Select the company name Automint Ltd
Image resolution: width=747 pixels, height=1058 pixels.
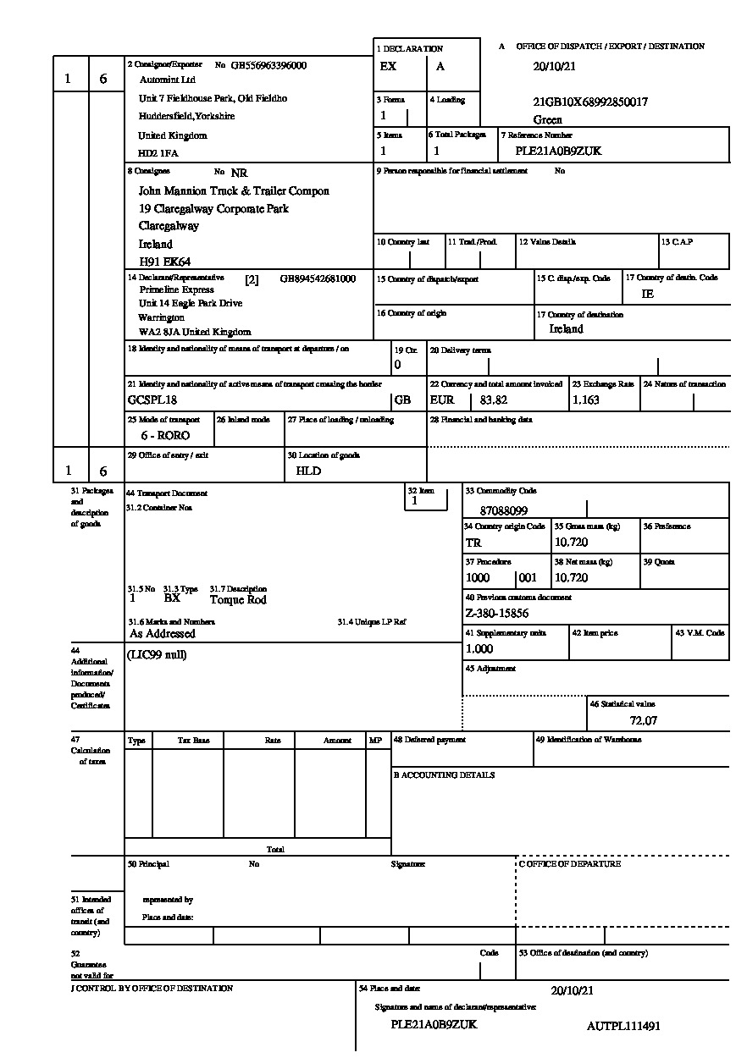[167, 80]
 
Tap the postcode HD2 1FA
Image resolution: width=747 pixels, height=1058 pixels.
[158, 154]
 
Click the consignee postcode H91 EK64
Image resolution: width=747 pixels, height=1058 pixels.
[164, 262]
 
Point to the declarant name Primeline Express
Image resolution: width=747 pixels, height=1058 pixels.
[177, 289]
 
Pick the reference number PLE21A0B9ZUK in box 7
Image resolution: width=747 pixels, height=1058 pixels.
[558, 152]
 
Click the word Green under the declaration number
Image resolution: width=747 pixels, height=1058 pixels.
[548, 120]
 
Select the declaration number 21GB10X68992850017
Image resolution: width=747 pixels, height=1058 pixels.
[590, 102]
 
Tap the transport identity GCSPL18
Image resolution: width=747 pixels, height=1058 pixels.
[152, 400]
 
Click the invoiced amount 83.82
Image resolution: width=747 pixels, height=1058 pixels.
[494, 400]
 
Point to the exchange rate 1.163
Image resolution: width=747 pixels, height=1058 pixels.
[586, 400]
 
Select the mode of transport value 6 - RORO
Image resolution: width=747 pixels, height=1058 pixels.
[165, 435]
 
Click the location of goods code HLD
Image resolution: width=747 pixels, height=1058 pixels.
[308, 471]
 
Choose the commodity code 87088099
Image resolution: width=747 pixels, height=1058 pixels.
[503, 511]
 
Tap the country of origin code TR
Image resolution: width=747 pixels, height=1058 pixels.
[473, 543]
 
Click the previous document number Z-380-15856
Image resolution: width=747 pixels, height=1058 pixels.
[497, 614]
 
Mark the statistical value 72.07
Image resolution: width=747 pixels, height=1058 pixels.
[644, 721]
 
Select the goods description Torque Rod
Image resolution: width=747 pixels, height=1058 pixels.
[238, 600]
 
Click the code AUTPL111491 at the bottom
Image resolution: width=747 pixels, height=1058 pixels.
[623, 1026]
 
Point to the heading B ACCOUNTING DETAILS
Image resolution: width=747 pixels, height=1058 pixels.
[444, 775]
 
